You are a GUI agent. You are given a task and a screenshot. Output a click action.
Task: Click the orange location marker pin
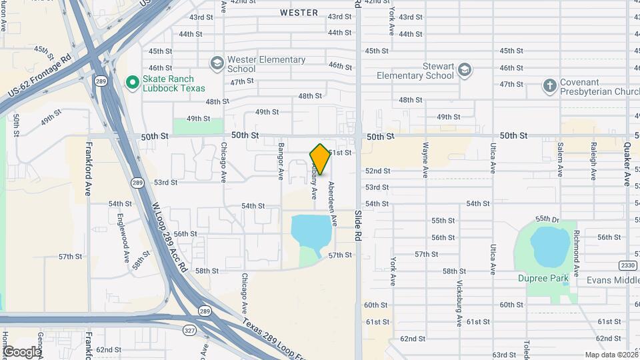(320, 159)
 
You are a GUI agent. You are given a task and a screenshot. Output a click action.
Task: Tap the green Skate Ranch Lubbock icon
(132, 83)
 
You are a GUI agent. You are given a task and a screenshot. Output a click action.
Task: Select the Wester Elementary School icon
(217, 64)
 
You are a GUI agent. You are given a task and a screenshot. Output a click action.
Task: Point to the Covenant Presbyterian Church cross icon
(549, 86)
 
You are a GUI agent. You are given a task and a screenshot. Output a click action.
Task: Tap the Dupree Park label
(543, 277)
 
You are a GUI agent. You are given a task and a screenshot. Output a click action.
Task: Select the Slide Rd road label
(358, 226)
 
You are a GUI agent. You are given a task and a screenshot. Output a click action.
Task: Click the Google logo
(22, 351)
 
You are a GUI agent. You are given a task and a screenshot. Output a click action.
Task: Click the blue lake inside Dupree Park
(551, 246)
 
